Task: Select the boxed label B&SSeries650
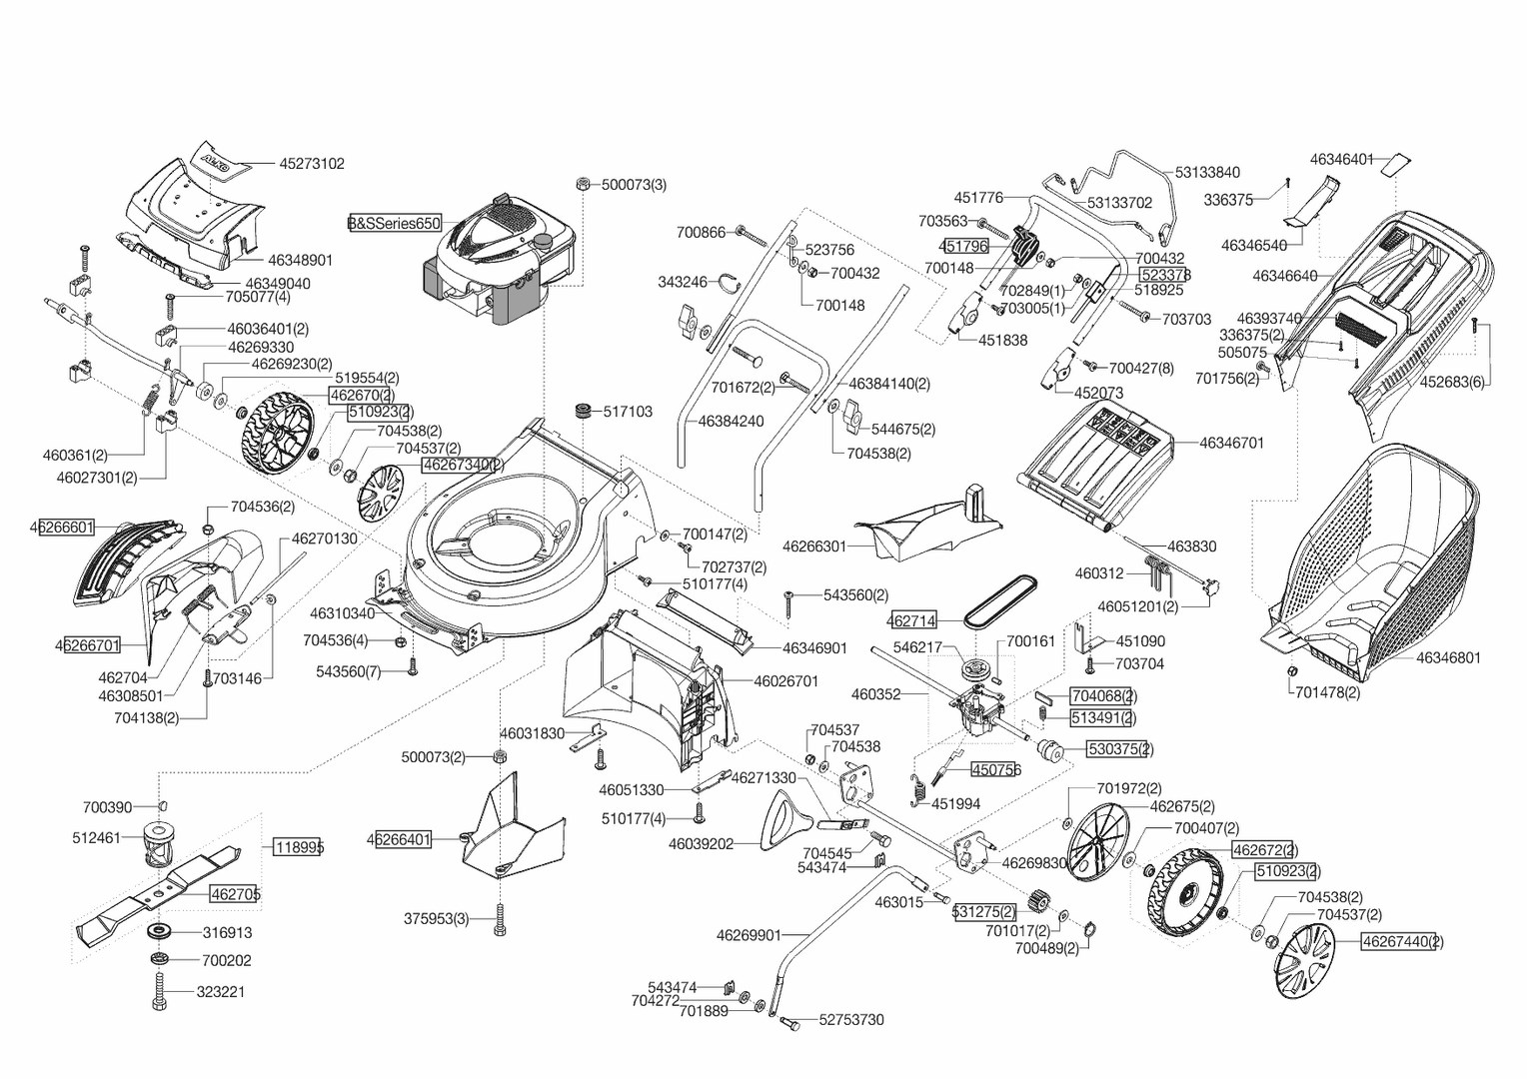(394, 224)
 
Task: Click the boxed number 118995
(299, 847)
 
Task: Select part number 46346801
(1448, 657)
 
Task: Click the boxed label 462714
(911, 620)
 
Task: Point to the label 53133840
(1207, 173)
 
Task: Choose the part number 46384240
(731, 422)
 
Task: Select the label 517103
(628, 412)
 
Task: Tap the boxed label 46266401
(399, 839)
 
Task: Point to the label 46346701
(1231, 443)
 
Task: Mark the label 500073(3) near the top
(634, 185)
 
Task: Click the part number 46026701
(785, 681)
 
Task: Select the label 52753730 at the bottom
(851, 1020)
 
